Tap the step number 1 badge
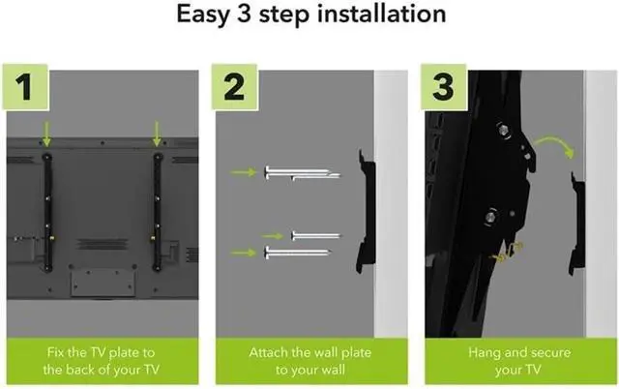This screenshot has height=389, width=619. click(25, 87)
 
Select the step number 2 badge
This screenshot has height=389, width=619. click(234, 87)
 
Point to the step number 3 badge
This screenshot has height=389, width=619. click(443, 87)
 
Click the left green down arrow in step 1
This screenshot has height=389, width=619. click(46, 135)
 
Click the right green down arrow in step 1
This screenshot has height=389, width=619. click(157, 135)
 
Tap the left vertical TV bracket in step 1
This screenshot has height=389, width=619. click(47, 213)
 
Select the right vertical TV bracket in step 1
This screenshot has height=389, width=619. click(158, 213)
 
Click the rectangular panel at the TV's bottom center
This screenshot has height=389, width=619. click(103, 283)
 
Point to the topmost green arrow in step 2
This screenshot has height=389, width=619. click(243, 172)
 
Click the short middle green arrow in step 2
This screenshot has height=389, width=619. click(273, 236)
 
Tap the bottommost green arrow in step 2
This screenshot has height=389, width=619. click(243, 253)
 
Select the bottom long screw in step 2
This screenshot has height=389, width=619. click(298, 253)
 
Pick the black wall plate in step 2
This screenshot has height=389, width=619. click(368, 213)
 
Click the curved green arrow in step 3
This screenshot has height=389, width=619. click(554, 143)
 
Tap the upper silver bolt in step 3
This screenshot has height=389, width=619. click(503, 130)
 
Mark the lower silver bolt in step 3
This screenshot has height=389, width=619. click(490, 217)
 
